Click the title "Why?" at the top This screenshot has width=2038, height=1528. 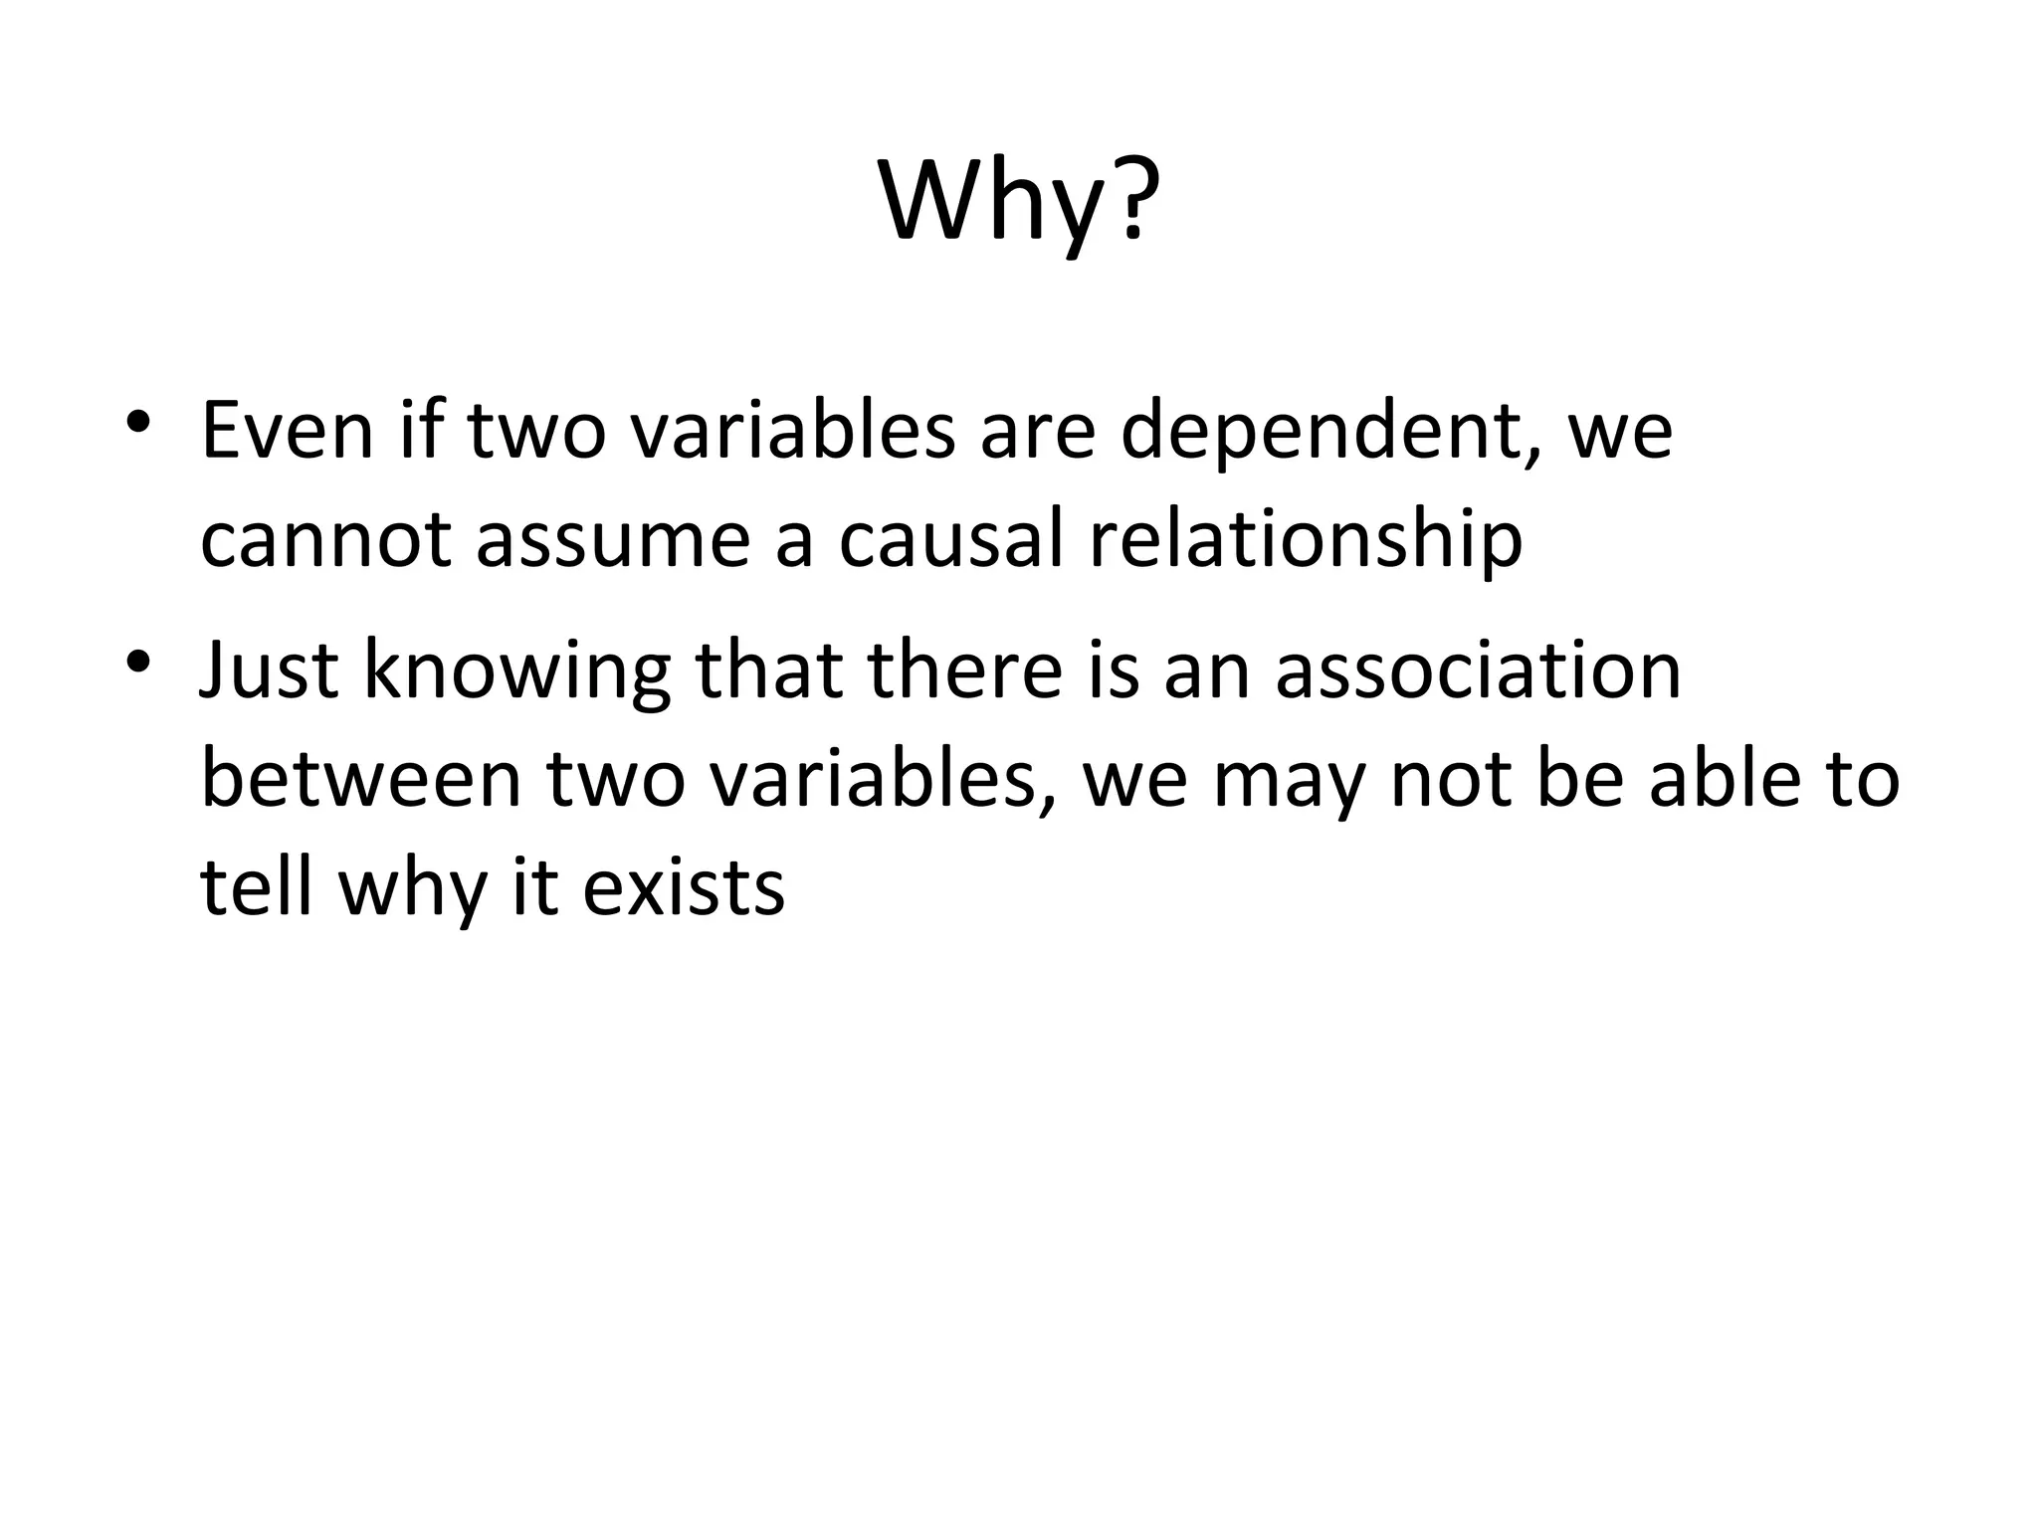[x=1019, y=204]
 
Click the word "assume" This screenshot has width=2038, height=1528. [x=612, y=542]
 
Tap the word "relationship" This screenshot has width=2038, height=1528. [x=1305, y=542]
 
